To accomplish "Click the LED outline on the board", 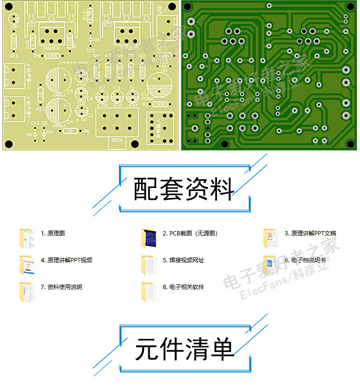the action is pos(13,19).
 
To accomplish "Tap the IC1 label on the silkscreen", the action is pos(32,24).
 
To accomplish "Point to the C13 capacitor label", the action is pos(90,50).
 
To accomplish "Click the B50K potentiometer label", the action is pos(118,141).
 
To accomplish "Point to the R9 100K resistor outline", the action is pos(52,56).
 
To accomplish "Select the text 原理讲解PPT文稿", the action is pos(310,233).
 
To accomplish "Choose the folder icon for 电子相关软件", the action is pos(149,291).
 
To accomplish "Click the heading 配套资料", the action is pos(184,189).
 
